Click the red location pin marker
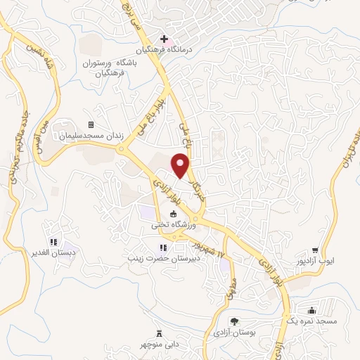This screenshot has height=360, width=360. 181,166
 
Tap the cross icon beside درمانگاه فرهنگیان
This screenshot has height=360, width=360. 163,39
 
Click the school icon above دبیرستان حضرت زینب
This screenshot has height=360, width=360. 163,247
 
